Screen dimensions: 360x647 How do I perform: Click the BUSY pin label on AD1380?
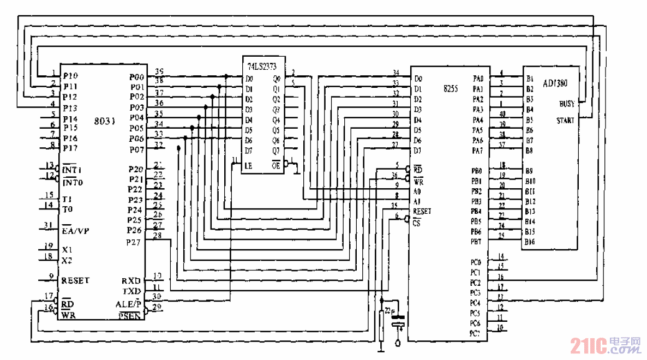[x=566, y=103]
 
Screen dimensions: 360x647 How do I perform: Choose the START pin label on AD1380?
[x=565, y=121]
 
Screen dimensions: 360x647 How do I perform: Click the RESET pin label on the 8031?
[x=75, y=280]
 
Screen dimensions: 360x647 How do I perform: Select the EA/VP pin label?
[x=75, y=230]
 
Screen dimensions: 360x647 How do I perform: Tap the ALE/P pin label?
[x=129, y=304]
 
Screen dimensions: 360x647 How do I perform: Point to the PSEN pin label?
[x=130, y=316]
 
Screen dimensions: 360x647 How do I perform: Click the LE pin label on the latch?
[x=249, y=165]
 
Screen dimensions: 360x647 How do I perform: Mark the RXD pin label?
[x=131, y=281]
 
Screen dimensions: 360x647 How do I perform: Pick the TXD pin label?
[x=131, y=291]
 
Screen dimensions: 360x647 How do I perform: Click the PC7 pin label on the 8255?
[x=476, y=333]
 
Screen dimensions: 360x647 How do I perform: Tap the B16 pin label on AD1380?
[x=530, y=242]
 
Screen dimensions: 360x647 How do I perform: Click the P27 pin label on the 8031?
[x=134, y=242]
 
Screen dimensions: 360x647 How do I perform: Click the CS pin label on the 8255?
[x=417, y=223]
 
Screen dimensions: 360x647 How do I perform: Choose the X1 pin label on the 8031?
[x=67, y=249]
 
